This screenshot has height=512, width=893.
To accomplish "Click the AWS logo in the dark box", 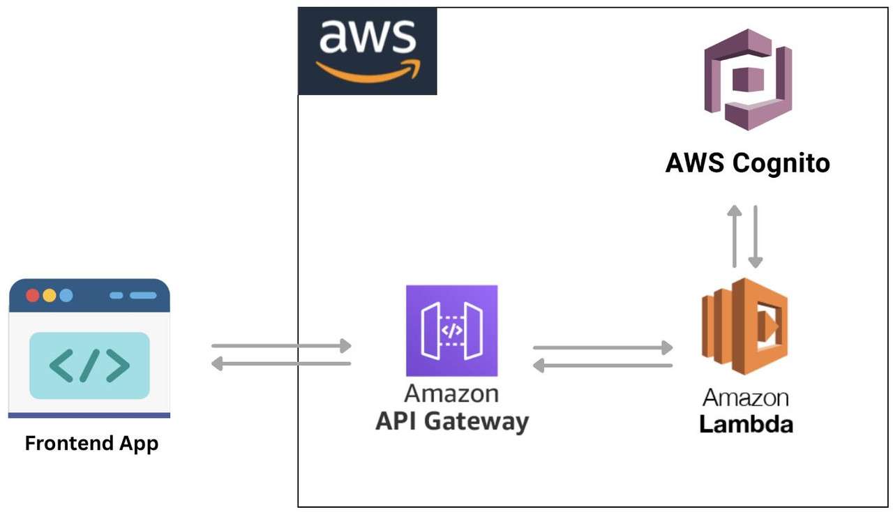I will (x=368, y=51).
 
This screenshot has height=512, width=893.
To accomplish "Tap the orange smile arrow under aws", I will (x=368, y=70).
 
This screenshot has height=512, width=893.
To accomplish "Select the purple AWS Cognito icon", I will (x=748, y=79).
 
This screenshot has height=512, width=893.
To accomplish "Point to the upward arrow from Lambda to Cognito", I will (x=734, y=236).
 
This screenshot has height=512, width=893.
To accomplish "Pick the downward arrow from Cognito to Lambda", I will (x=755, y=236).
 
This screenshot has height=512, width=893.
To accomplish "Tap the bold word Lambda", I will (x=746, y=423).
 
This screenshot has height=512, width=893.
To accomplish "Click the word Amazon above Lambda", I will (x=745, y=398).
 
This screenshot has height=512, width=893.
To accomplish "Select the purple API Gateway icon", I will (x=451, y=331).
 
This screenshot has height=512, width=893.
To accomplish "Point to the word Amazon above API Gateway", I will (x=451, y=393).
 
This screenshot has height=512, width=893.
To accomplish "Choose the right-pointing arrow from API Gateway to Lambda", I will (x=603, y=347).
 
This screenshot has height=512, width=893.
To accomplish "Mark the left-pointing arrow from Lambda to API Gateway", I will (x=603, y=365).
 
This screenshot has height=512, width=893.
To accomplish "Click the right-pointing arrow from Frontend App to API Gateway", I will (x=281, y=345).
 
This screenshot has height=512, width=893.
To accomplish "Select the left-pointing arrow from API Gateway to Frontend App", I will (x=281, y=363).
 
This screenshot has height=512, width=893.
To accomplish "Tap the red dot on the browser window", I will (x=32, y=295).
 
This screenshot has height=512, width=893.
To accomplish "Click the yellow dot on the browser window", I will (x=49, y=295).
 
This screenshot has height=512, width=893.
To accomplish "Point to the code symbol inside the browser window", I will (x=89, y=366).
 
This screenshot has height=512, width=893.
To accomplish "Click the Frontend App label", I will (x=91, y=444).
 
